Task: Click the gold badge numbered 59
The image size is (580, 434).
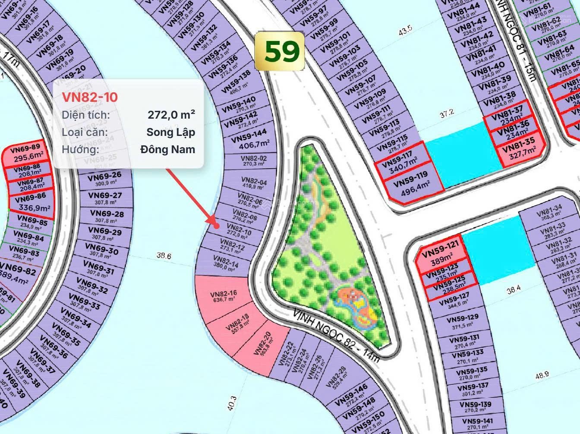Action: [x=280, y=51]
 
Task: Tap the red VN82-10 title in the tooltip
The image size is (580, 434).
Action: [x=90, y=97]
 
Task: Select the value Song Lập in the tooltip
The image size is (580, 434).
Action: [x=170, y=132]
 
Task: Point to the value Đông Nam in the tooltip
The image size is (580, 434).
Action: [x=167, y=149]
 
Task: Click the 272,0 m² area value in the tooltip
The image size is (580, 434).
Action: [x=171, y=115]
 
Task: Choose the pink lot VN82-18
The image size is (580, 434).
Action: [x=238, y=323]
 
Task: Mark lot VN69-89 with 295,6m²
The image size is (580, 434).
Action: [x=28, y=153]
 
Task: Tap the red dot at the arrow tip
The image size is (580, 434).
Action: [x=217, y=225]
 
